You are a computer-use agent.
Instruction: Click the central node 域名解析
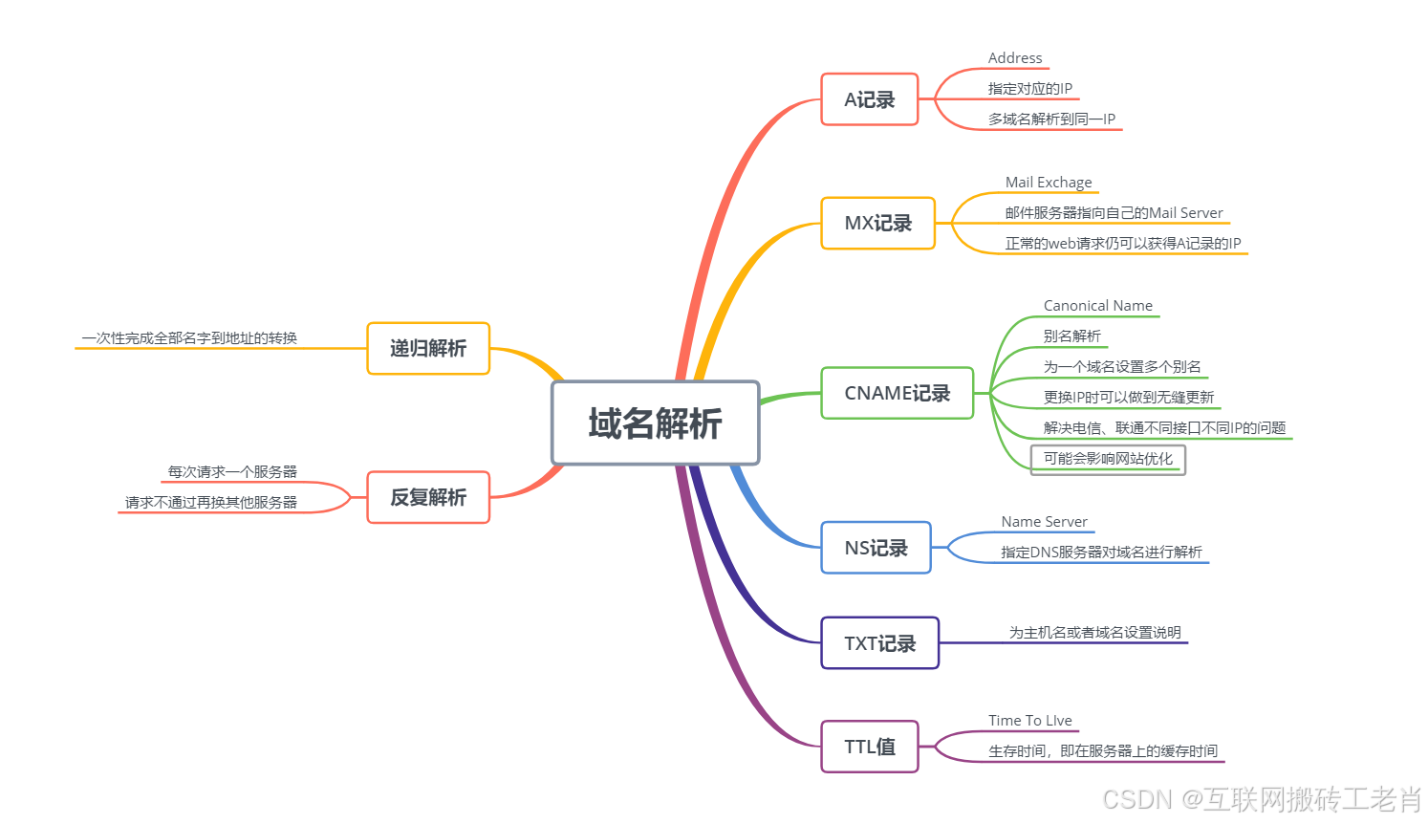click(655, 423)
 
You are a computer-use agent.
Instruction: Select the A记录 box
click(869, 99)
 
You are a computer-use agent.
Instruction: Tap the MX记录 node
click(877, 223)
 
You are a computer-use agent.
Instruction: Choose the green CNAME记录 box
click(897, 393)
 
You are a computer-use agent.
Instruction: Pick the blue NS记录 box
click(876, 548)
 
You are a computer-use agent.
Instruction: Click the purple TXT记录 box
click(879, 643)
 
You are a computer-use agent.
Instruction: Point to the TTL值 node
click(869, 747)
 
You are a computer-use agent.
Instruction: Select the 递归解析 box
click(428, 348)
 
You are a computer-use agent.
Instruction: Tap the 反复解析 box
click(428, 497)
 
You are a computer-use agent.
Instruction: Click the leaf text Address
click(1015, 58)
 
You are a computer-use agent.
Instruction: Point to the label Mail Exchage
click(1049, 183)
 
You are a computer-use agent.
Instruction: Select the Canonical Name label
click(1098, 306)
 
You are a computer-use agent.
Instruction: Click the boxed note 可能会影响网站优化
click(1108, 459)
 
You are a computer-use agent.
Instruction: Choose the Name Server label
click(1045, 522)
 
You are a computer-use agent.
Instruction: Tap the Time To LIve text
click(1030, 721)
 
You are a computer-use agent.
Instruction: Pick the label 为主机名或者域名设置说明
click(1095, 633)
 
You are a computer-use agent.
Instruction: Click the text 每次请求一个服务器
click(232, 472)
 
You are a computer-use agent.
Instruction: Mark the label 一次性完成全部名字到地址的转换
click(189, 338)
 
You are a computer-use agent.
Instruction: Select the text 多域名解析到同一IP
click(1051, 119)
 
